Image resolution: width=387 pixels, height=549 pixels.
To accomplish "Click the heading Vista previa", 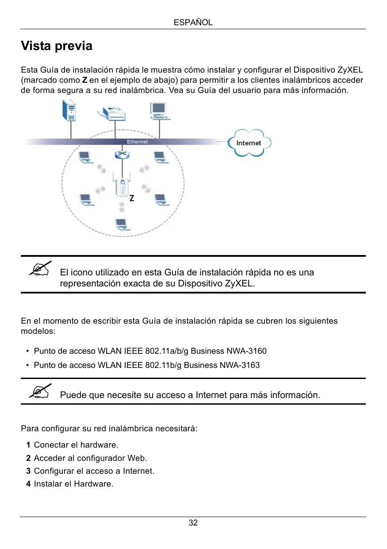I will (57, 46).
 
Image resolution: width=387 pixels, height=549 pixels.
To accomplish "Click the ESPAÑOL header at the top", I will (193, 22).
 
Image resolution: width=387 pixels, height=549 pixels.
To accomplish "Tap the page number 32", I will (193, 523).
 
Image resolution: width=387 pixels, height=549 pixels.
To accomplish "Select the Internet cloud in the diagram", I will (249, 143).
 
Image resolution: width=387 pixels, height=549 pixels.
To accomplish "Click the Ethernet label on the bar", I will (138, 142).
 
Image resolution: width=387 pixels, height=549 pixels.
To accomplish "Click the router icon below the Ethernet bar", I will (120, 155).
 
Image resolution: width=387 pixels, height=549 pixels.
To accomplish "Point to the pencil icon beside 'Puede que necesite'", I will (40, 391).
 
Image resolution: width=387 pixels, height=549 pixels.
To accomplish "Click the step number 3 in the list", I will (28, 471).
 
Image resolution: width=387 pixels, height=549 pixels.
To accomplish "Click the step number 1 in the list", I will (28, 445).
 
